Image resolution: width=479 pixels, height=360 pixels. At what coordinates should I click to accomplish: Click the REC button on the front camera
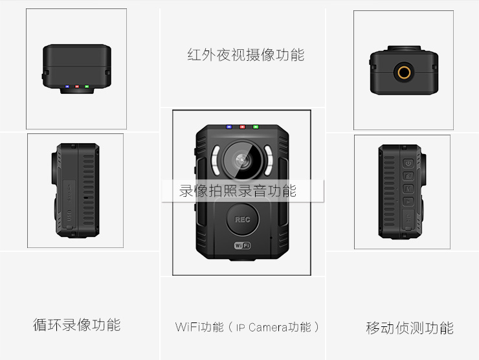(x=242, y=219)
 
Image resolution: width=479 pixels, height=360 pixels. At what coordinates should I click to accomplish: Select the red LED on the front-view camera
(x=242, y=128)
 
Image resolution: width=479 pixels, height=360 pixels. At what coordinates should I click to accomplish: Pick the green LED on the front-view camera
(x=256, y=128)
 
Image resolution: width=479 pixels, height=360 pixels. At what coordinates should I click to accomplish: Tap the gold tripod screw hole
(x=406, y=72)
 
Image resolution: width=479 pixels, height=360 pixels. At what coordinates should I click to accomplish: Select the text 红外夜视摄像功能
(x=245, y=54)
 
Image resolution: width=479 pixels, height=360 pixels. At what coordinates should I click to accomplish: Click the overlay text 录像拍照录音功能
(x=238, y=191)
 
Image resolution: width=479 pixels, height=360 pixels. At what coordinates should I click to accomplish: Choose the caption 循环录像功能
(x=76, y=324)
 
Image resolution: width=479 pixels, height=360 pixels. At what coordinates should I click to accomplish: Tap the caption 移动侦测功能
(x=409, y=328)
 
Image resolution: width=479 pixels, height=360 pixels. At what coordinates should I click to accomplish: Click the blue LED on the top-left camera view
(x=66, y=86)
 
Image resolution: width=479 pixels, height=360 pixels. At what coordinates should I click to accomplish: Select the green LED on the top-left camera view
(x=86, y=86)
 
